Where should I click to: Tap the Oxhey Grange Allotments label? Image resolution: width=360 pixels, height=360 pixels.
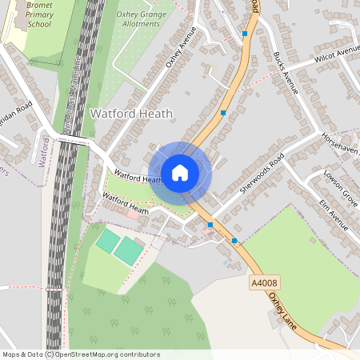(x=143, y=18)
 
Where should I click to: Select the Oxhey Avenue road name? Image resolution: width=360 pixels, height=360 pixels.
(x=180, y=57)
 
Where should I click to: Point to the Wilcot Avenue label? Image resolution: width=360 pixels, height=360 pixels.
(x=337, y=54)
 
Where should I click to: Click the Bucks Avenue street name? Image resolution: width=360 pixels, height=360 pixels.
(x=285, y=74)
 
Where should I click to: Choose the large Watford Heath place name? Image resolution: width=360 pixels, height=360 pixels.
(x=131, y=114)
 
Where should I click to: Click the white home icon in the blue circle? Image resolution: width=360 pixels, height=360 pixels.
(x=180, y=172)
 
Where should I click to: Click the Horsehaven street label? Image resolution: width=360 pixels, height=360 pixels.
(x=342, y=143)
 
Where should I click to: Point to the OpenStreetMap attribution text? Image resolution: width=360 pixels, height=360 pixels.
(x=81, y=354)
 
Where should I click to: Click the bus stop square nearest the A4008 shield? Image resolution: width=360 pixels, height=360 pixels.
(x=234, y=240)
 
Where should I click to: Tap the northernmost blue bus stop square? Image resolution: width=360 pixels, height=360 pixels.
(x=245, y=34)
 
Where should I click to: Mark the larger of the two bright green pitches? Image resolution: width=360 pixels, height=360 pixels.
(x=128, y=250)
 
